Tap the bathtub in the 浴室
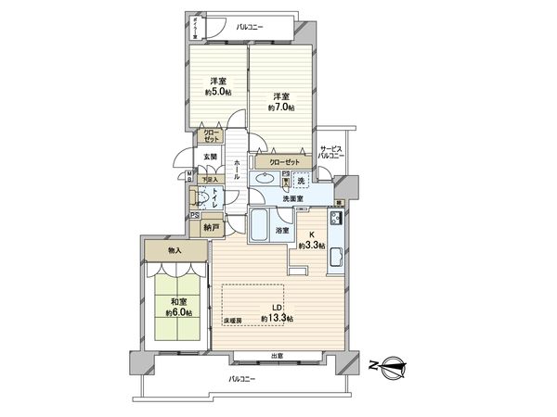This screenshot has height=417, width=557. [x=261, y=223]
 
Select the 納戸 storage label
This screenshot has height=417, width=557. [x=212, y=226]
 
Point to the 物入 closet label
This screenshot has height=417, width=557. [x=175, y=250]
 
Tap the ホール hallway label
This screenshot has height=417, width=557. [x=239, y=171]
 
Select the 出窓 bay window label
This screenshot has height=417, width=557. [x=277, y=356]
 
